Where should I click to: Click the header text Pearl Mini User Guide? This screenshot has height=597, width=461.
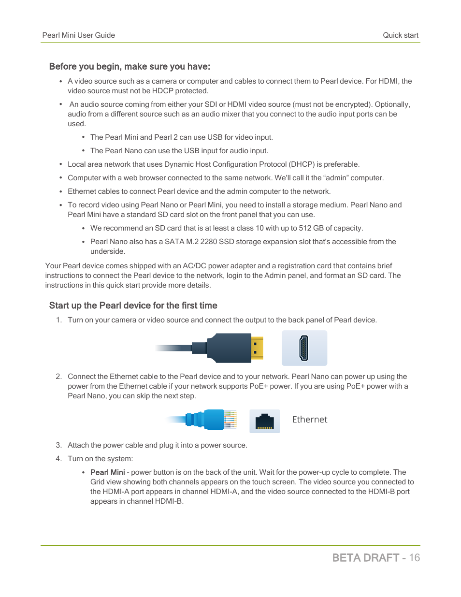[78, 35]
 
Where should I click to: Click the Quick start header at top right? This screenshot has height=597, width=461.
[400, 35]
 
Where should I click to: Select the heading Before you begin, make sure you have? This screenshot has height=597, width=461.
[130, 67]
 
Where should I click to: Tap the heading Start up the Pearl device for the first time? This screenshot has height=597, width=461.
[133, 306]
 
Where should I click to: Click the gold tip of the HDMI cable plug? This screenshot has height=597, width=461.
[258, 348]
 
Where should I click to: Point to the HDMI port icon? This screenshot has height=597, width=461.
[304, 348]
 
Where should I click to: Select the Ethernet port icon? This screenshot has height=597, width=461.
[264, 421]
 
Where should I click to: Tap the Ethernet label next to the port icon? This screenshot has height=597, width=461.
[309, 420]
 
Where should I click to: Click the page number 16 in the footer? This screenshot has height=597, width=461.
[414, 558]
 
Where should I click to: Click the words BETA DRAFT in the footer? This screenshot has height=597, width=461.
[365, 558]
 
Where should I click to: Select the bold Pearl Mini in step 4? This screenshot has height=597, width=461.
[107, 472]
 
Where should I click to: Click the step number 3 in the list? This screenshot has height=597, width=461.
[58, 445]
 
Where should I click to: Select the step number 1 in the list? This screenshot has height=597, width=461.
[58, 320]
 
